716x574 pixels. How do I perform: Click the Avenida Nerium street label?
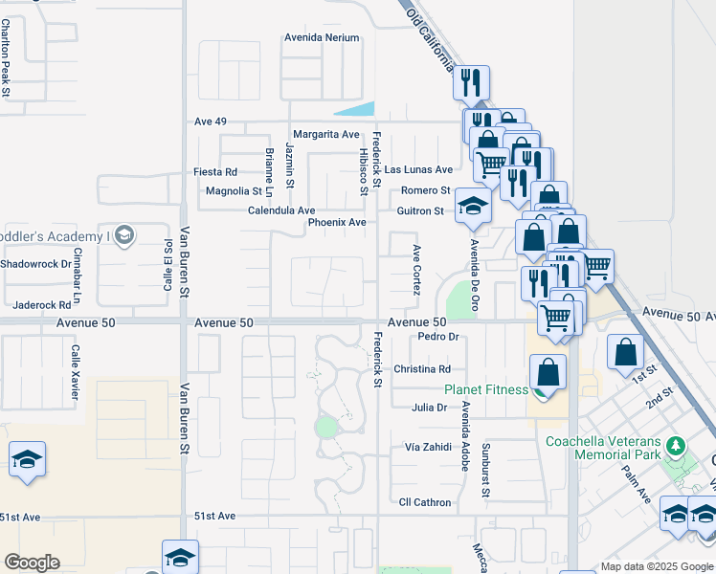(x=322, y=37)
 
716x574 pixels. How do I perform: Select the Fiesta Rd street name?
(x=215, y=172)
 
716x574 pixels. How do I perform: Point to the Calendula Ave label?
(x=281, y=210)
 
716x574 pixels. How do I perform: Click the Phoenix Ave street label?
(x=337, y=223)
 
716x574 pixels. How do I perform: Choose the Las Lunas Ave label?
(x=418, y=169)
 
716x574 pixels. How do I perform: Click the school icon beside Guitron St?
(x=472, y=206)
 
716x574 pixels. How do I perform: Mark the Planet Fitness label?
(x=485, y=389)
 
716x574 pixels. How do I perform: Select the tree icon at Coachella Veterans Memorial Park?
(x=677, y=445)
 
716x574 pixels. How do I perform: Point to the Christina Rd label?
(x=422, y=368)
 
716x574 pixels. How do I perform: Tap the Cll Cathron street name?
(x=425, y=502)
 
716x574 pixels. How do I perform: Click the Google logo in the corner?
(x=32, y=563)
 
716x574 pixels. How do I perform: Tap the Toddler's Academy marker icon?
(x=123, y=235)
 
